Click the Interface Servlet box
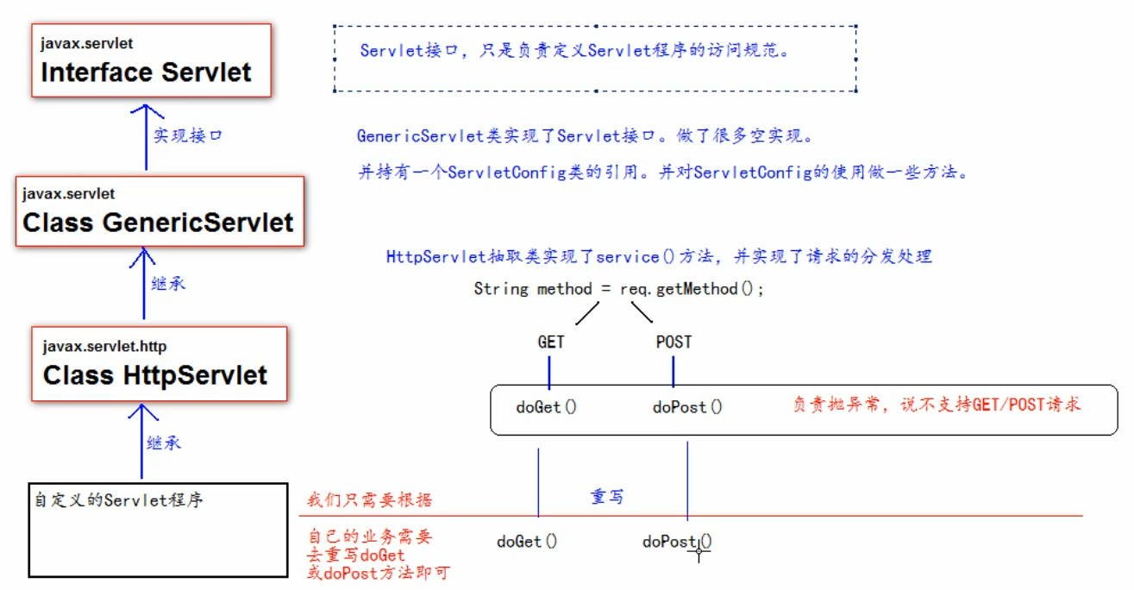[x=150, y=60]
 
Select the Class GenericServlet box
[x=160, y=211]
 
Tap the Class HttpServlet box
[x=159, y=363]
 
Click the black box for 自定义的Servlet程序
[x=157, y=530]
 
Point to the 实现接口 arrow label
[x=188, y=135]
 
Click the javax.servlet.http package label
[x=104, y=347]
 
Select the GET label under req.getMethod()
[x=550, y=342]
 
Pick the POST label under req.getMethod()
[x=674, y=342]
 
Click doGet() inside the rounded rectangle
[x=546, y=407]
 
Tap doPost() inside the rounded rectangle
[x=687, y=407]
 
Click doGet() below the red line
[x=526, y=542]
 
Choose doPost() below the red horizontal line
[x=677, y=542]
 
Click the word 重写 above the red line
[x=606, y=497]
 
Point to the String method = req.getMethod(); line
[x=618, y=289]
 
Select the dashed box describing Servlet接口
[x=595, y=58]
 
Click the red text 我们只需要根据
[x=370, y=500]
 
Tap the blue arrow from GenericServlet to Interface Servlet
[x=147, y=138]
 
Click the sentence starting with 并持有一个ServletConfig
[x=663, y=173]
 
